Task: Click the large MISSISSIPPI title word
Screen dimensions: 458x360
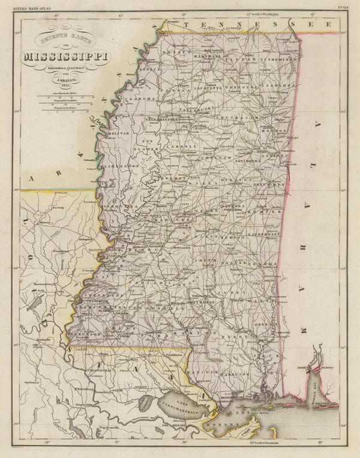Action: click(x=62, y=58)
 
